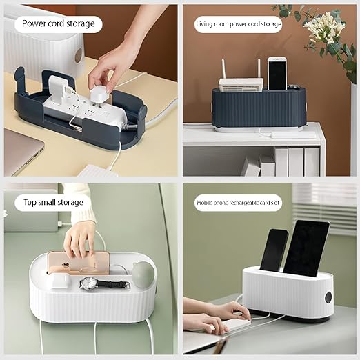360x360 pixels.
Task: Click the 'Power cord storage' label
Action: coord(59,24)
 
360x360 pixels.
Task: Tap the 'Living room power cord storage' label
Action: coord(239,24)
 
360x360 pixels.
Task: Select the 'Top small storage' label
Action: coord(53,203)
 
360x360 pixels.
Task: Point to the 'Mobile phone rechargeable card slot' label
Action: coord(238,203)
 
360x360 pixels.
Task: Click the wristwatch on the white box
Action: coord(105,283)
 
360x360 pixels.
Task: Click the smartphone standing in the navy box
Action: coord(277,74)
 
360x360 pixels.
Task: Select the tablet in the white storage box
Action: coord(306,248)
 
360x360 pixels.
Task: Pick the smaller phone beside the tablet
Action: coord(274,250)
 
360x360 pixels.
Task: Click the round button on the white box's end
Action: coord(328,298)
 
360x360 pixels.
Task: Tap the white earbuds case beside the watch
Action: coord(59,281)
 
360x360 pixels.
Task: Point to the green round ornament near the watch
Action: coord(143,274)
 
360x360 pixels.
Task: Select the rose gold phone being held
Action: coord(79,263)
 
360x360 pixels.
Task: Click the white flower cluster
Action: coord(326,28)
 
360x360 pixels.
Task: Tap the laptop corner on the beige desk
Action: coord(23,152)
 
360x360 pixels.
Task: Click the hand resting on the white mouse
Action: coord(230,312)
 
